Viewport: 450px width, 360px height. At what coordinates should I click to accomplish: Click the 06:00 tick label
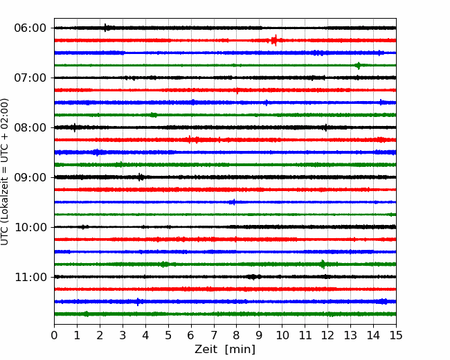tap(30, 28)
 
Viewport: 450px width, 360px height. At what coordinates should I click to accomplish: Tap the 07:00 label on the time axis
tap(30, 78)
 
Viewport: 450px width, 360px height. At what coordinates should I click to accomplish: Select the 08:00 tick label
tap(30, 128)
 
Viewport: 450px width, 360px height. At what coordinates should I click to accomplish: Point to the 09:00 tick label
tap(30, 177)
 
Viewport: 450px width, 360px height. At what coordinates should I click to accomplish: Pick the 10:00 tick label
tap(30, 227)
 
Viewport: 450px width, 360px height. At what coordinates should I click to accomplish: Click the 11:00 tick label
tap(30, 278)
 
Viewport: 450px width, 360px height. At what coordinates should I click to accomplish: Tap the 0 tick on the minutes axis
tap(54, 335)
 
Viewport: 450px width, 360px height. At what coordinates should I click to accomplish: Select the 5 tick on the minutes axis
tap(168, 335)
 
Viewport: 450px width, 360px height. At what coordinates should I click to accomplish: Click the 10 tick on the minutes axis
tap(282, 335)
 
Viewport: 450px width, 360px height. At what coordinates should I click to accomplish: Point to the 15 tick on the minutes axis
tap(396, 335)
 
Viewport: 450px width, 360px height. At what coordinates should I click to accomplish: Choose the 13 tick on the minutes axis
tap(350, 335)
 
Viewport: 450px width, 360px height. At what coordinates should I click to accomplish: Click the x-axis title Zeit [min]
tap(225, 350)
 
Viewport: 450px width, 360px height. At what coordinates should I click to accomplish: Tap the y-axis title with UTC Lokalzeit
tap(5, 172)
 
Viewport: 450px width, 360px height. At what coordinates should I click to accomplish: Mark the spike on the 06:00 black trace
tap(106, 28)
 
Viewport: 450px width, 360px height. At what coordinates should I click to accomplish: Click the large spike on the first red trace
tap(275, 40)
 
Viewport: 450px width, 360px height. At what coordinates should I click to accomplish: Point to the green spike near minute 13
tap(358, 66)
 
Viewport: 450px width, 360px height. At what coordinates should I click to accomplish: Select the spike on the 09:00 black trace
tap(140, 177)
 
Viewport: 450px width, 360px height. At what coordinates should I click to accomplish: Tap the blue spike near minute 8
tap(233, 202)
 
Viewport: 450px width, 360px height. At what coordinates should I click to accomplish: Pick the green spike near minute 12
tap(323, 264)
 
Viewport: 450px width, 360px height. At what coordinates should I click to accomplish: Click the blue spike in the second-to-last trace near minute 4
tap(138, 302)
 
